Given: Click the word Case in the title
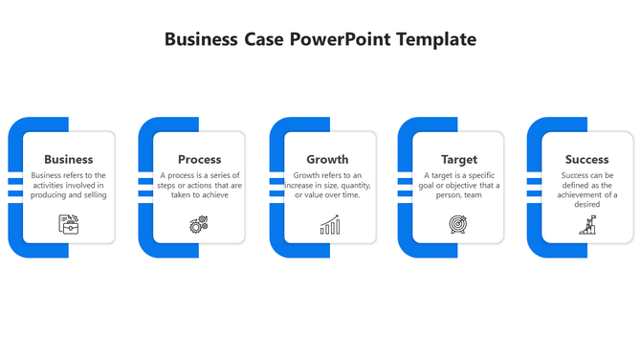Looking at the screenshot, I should tap(264, 39).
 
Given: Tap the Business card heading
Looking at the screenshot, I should tap(69, 159).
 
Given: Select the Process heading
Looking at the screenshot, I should tap(200, 159).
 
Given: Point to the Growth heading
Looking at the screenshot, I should tap(327, 159).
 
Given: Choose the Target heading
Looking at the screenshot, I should tap(459, 159).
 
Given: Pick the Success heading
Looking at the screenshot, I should tap(586, 159).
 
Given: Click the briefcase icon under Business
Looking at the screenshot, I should tap(69, 224).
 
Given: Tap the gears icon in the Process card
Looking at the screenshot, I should tap(199, 225).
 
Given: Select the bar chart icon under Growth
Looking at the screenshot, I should tap(330, 225).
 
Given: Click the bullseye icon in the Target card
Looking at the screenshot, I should tap(458, 225).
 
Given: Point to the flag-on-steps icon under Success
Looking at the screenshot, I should tap(587, 225).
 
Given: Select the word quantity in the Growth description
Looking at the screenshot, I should tap(352, 185).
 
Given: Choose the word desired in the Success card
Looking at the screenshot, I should tap(586, 204).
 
